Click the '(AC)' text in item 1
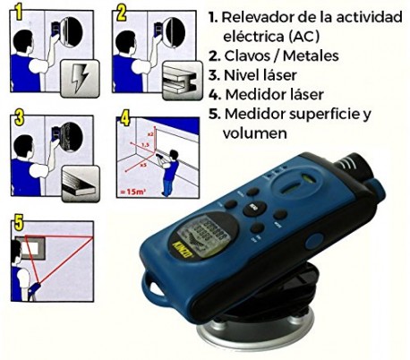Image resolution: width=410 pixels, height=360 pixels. tap(289, 37)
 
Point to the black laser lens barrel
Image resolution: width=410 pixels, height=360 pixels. tap(358, 166)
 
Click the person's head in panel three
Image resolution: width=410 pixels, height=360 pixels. tap(28, 139)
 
